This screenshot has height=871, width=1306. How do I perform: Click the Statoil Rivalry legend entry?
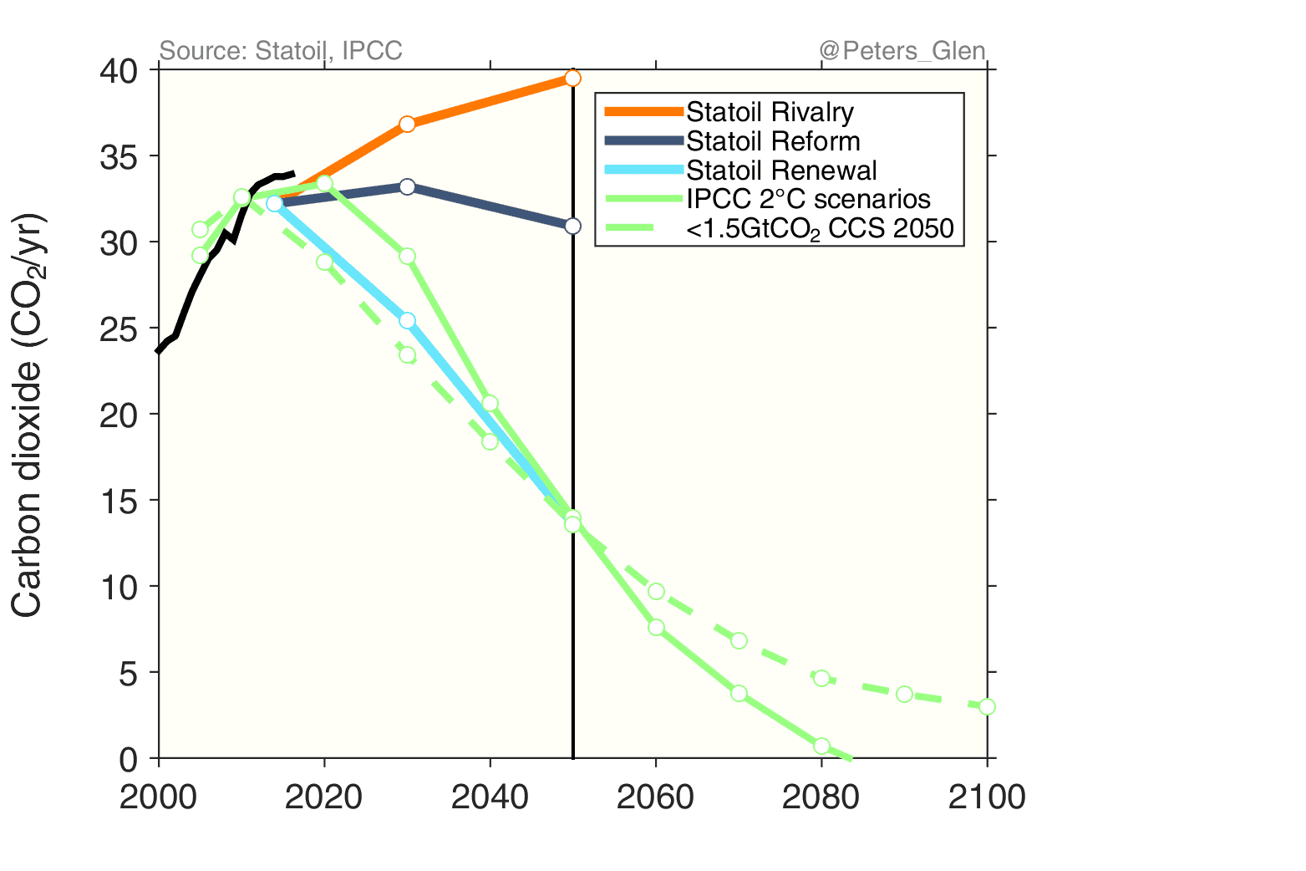(769, 112)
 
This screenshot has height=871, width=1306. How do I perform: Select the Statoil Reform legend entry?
(772, 141)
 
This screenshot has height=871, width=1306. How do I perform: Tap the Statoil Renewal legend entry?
(780, 171)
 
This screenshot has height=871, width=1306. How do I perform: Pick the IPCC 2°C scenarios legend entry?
(807, 199)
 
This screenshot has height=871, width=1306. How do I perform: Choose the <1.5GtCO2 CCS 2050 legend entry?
(819, 228)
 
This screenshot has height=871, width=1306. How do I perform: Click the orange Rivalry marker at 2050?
(572, 78)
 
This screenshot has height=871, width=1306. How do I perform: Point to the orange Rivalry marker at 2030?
(407, 124)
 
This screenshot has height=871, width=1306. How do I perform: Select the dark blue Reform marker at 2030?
(407, 186)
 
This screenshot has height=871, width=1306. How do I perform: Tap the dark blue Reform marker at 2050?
(572, 226)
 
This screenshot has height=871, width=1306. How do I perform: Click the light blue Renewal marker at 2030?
(407, 320)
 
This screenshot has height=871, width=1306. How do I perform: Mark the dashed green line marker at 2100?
(987, 706)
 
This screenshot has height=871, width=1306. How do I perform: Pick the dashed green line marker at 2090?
(904, 694)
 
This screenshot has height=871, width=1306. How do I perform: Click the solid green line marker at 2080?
(821, 746)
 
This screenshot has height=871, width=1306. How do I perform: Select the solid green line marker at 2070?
(739, 693)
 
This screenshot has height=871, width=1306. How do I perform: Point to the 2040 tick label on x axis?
(490, 797)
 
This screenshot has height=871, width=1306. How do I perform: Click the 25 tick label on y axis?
(118, 329)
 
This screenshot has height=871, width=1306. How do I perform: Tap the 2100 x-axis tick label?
(987, 797)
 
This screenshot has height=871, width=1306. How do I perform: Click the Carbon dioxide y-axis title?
(28, 415)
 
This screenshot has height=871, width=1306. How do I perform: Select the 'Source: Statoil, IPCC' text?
(281, 51)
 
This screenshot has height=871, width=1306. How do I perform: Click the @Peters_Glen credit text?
(902, 51)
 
